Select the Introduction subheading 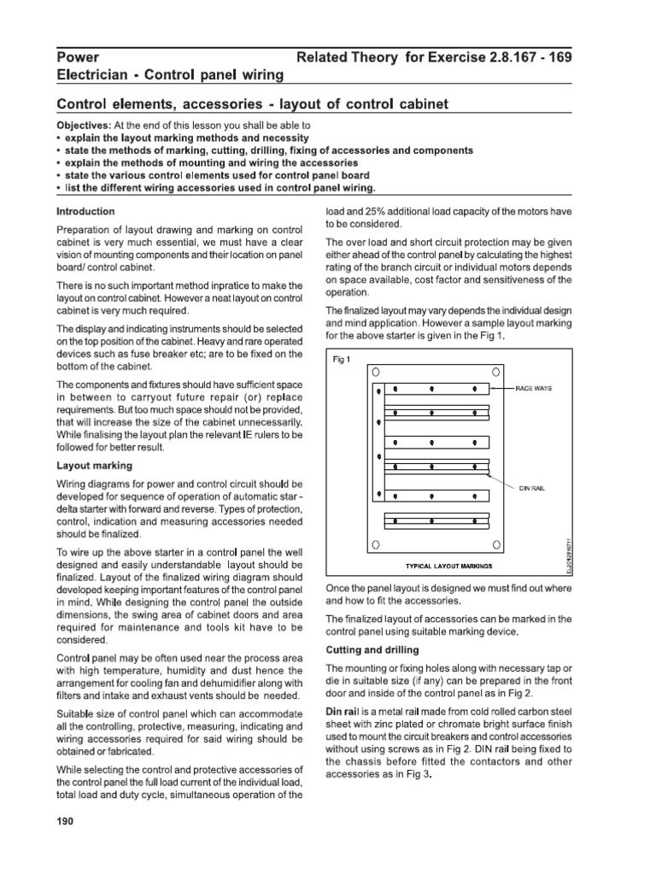(85, 210)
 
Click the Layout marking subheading (94, 466)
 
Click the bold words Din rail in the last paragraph (345, 712)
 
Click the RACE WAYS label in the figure (534, 389)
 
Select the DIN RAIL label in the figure (532, 488)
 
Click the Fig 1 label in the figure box (342, 358)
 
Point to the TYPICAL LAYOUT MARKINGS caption (436, 566)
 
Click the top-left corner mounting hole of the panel (376, 373)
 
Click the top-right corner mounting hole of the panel (496, 373)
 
